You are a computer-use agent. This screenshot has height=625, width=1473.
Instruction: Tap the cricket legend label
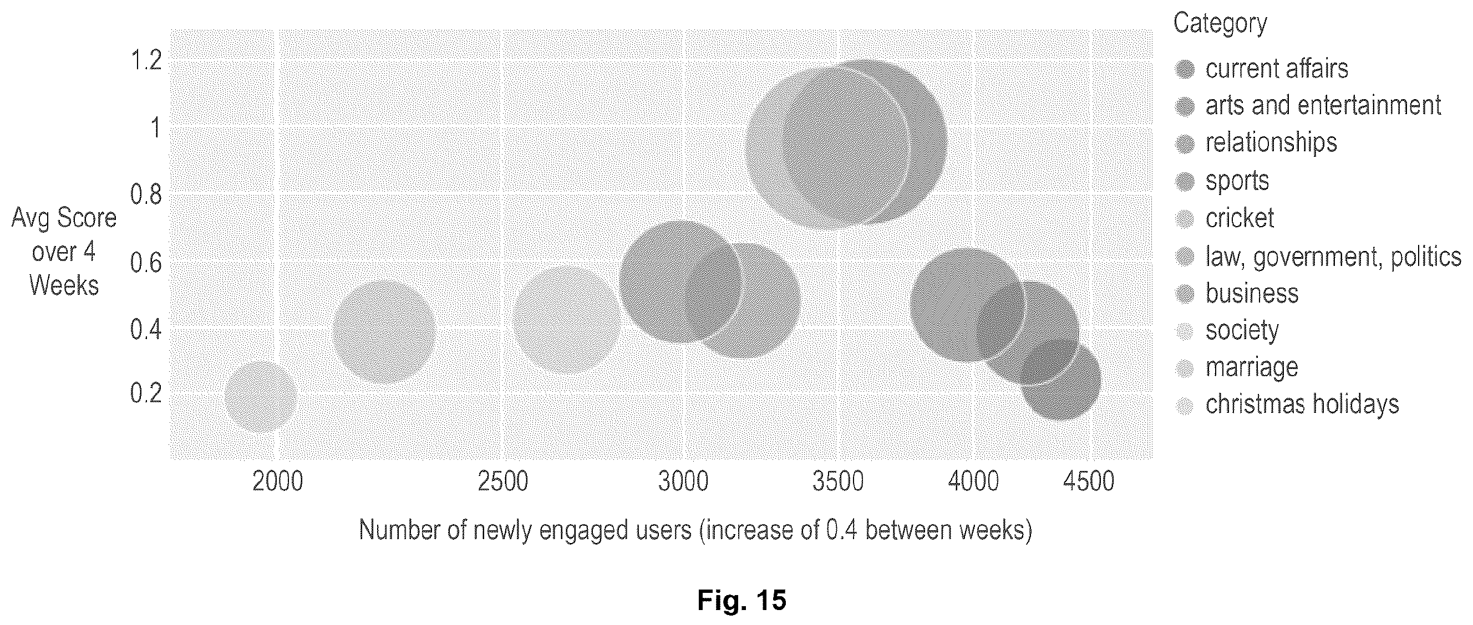point(1240,218)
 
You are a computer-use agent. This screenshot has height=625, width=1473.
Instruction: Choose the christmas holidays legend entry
point(1302,404)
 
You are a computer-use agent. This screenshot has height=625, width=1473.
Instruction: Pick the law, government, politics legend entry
point(1333,257)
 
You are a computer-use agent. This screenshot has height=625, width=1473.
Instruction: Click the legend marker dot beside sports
point(1185,182)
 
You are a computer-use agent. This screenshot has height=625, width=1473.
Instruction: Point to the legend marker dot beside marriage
point(1185,368)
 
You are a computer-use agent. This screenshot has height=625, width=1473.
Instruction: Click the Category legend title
point(1220,23)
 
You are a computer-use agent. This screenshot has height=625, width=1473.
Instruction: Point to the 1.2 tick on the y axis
point(146,60)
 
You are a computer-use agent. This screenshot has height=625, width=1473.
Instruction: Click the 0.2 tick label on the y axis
point(146,393)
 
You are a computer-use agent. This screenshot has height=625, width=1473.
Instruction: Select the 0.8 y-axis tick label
point(146,194)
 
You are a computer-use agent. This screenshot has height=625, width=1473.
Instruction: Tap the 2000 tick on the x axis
point(277,481)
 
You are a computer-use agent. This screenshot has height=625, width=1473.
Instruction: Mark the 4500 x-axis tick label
point(1089,481)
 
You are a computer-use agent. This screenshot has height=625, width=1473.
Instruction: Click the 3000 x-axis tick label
point(683,481)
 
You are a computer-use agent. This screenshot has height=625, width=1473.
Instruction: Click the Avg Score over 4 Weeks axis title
point(64,252)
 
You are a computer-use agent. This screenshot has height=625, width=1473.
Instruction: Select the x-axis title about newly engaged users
point(695,531)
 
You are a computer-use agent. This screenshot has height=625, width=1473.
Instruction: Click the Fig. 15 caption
point(741,601)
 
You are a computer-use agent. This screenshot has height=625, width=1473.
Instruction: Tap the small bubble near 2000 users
point(260,397)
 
